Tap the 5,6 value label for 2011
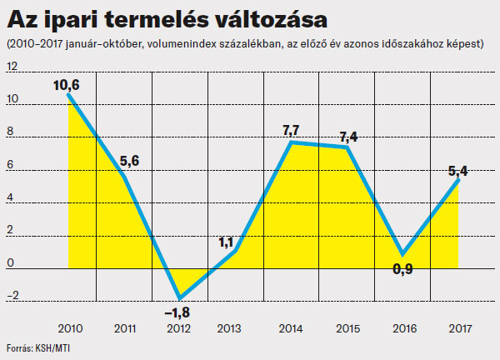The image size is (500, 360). pos(131,162)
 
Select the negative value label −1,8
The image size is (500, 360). pos(178,312)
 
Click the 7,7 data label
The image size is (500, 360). pos(292,130)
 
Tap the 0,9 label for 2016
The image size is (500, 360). pos(402,268)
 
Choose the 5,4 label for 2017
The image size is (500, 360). pos(457,172)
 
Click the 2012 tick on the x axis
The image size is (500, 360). pos(178,327)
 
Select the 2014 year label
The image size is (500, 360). pos(290,327)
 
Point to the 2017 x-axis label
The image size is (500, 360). pos(457,327)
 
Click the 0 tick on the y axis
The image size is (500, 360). pos(10,264)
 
